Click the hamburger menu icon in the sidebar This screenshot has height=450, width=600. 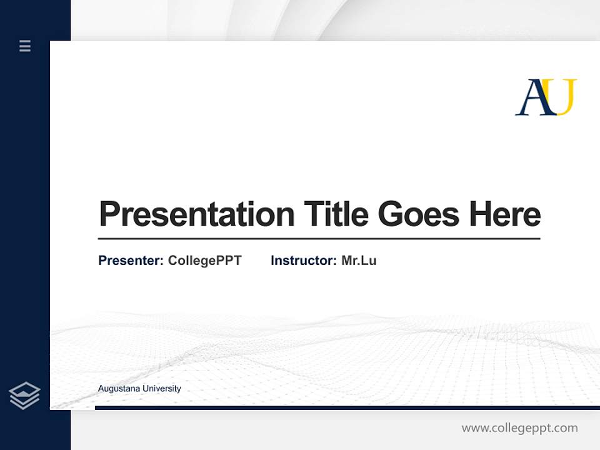pos(25,46)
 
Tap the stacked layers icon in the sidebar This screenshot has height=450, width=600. pos(24,396)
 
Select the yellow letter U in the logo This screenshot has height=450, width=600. pos(564,97)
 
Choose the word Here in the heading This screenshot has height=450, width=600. pos(505,214)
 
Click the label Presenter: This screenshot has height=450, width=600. pos(131,261)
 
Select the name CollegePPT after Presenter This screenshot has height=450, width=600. pos(204,261)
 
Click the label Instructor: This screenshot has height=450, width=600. pos(304,261)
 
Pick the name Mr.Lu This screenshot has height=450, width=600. pos(359,261)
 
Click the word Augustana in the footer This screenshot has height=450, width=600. pos(119,389)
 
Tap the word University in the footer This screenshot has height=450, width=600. pos(161,389)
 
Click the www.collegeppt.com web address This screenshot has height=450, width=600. pos(519,428)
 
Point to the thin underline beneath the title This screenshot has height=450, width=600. pos(319,239)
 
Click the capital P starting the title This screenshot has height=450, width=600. pos(109,214)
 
